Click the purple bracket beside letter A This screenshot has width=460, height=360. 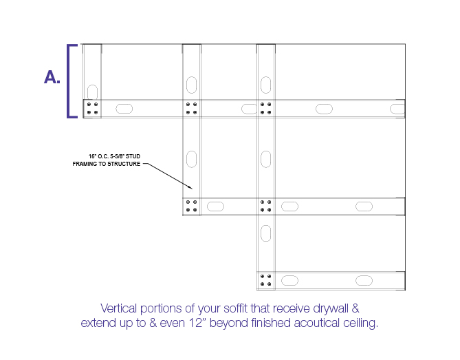pos(69,81)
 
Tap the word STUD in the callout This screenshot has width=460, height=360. pos(133,156)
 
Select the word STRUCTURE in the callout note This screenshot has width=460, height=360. pos(124,164)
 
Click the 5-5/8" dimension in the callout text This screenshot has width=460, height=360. pos(116,156)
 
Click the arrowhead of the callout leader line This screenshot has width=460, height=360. pos(190,187)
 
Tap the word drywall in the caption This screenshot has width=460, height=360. pos(330,309)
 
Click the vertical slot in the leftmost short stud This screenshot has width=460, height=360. pos(92,92)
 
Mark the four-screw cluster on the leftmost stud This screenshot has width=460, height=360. pos(92,108)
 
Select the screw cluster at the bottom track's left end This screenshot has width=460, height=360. pos(266,280)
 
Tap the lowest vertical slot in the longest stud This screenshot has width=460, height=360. pos(266,233)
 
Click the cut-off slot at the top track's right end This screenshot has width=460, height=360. pos(397,109)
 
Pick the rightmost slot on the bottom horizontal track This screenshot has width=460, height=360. pos(364,281)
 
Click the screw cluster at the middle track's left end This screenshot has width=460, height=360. pos(192,206)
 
